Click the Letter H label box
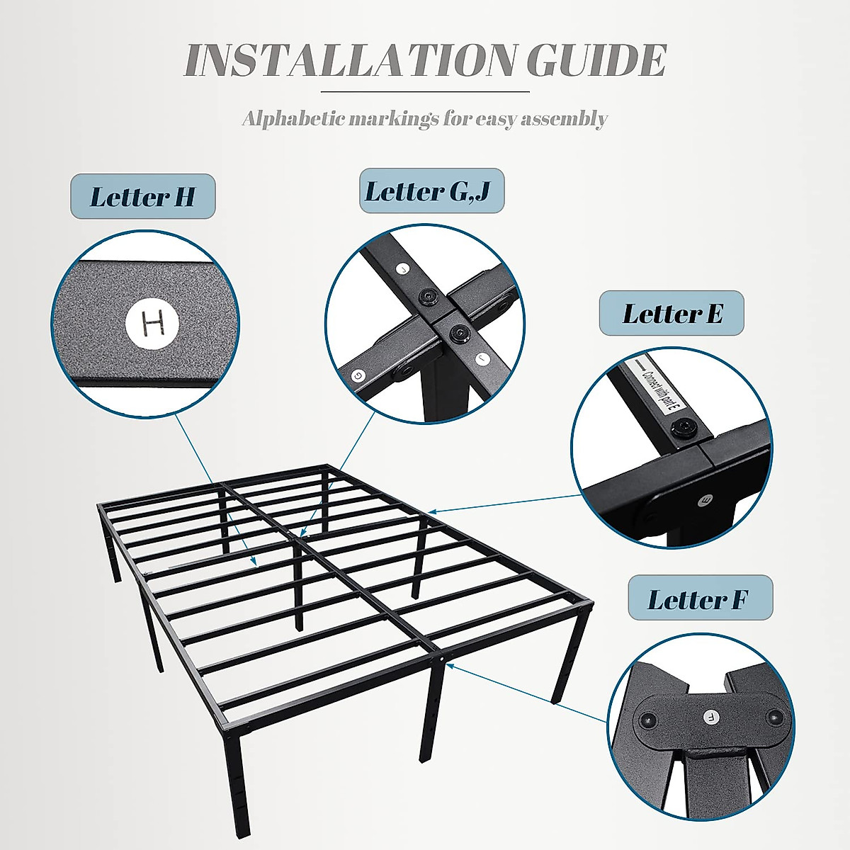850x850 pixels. point(142,196)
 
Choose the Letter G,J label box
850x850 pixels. point(431,191)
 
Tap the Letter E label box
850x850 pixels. point(671,313)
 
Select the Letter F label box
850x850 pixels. point(700,600)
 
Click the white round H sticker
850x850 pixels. point(153,324)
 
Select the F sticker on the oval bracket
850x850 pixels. point(710,718)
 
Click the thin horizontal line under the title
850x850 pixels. point(425,92)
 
